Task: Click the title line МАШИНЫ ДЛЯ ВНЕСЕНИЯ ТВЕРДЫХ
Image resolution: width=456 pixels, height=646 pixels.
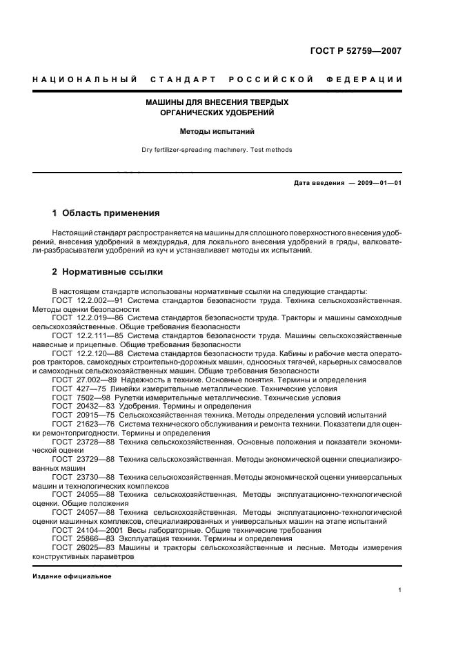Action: click(x=217, y=102)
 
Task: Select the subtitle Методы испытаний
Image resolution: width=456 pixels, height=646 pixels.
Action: click(x=217, y=130)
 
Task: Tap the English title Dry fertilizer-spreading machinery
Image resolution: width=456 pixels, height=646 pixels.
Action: click(x=217, y=150)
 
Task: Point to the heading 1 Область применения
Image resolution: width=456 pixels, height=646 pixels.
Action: click(x=106, y=213)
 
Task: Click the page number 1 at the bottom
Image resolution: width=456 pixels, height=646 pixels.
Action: click(x=399, y=590)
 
